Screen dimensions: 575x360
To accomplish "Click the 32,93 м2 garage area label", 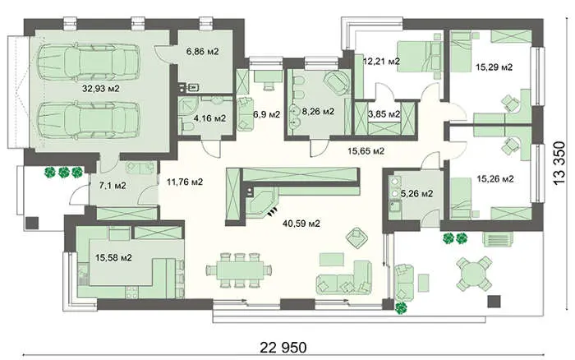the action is click(100, 89).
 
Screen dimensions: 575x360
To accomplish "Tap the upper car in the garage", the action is click(89, 62).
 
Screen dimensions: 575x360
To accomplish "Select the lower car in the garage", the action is click(89, 120).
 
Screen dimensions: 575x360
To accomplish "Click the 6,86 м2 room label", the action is click(202, 52).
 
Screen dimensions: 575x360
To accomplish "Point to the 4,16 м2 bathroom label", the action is click(209, 118).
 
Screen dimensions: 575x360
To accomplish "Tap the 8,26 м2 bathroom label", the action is click(318, 112).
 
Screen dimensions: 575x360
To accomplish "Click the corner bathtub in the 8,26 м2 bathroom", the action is click(336, 83).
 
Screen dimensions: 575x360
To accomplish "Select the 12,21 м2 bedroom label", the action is click(381, 62).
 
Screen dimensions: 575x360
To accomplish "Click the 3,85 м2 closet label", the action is click(384, 114).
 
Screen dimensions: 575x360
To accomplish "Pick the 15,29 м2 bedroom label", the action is click(494, 67).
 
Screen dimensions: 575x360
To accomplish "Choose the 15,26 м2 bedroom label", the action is click(495, 179).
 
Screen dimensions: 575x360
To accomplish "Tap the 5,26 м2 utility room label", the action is click(416, 193).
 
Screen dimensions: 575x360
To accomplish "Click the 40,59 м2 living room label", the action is click(301, 223).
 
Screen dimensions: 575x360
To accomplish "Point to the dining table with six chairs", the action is click(240, 270).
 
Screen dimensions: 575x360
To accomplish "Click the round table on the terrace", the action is click(474, 275).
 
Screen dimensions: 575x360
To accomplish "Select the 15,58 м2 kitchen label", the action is click(113, 258).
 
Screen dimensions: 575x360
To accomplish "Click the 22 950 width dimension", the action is click(283, 347).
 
